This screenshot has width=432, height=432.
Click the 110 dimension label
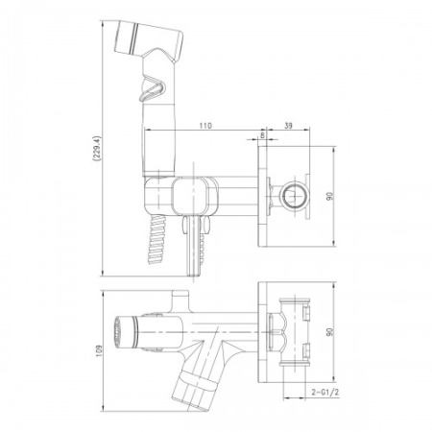click(205, 126)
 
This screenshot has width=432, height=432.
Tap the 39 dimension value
click(288, 126)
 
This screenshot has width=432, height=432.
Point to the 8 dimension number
click(263, 135)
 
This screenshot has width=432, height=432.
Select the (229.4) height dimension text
click(97, 149)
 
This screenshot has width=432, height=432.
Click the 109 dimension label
click(99, 351)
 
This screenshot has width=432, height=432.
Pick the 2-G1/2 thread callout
click(325, 393)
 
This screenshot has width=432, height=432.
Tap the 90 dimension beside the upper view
click(329, 196)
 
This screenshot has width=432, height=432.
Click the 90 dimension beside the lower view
click(329, 332)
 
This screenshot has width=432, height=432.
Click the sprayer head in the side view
click(149, 40)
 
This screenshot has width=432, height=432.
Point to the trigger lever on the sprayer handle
click(154, 88)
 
